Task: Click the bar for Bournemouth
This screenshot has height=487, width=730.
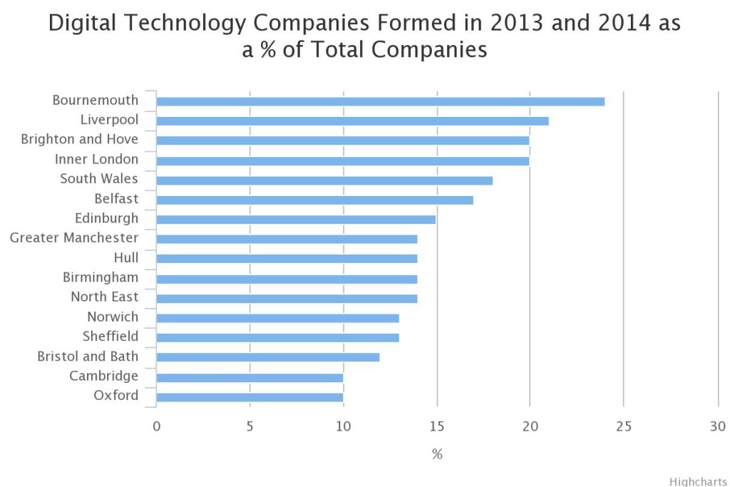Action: point(380,101)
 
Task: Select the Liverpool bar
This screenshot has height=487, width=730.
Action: point(352,121)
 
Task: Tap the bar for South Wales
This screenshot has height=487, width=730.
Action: point(324,180)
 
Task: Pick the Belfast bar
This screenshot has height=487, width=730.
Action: point(314,200)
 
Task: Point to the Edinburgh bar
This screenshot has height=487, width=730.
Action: point(296,220)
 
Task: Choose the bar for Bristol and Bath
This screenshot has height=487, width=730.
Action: point(268,357)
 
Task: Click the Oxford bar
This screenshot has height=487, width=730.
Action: point(250,397)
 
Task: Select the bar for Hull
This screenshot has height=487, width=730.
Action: point(287,259)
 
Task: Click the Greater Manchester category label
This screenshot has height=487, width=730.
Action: point(74,237)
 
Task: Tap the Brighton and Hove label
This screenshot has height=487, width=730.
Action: point(80,139)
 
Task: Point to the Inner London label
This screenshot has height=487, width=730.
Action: point(96,159)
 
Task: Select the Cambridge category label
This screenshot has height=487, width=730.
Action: point(103,376)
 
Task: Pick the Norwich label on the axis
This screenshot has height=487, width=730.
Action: point(113,317)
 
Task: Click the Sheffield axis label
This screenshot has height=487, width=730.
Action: point(110,337)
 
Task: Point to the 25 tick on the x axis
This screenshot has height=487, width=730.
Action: point(624,426)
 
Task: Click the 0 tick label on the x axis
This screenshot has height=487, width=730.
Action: point(156,426)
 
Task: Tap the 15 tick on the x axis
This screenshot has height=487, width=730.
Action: point(437,426)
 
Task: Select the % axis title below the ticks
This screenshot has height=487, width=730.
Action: point(437,454)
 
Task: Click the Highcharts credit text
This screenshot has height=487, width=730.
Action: point(698,481)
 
